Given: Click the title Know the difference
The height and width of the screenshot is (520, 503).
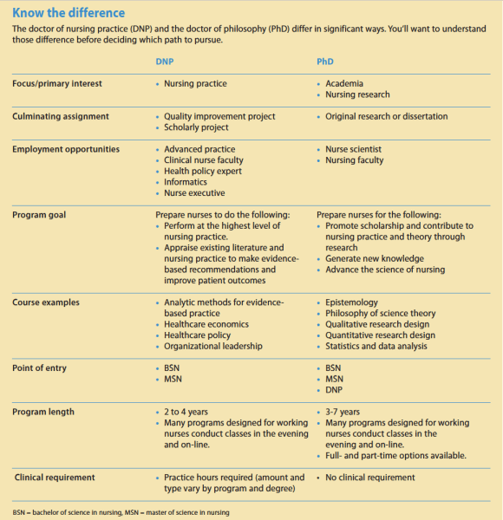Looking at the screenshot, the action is (69, 13).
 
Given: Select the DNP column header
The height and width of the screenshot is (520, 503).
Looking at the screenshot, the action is (164, 62).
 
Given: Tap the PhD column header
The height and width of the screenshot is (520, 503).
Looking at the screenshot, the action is (325, 62).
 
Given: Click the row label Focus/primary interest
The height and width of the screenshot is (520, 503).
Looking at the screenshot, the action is (57, 84).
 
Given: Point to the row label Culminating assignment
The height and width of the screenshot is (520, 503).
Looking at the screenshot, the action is (61, 116).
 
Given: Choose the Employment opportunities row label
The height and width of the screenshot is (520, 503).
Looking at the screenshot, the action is (66, 149).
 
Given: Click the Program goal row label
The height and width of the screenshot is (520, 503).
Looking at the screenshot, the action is (39, 214).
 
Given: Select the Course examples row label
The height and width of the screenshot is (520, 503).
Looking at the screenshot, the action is (47, 302).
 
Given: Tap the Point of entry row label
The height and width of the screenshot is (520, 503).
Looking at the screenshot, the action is (40, 368).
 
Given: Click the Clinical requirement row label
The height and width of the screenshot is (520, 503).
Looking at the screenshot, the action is (55, 478).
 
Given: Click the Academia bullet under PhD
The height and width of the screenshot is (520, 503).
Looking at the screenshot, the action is (345, 84).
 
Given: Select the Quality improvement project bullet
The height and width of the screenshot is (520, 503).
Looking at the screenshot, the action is (219, 116).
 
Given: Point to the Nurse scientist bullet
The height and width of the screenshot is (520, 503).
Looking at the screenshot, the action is (353, 149).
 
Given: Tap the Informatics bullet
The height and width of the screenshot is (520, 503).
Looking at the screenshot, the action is (186, 182).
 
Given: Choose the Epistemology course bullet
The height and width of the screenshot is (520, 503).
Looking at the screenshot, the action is (353, 302).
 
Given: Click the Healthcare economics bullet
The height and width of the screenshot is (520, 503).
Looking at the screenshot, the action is (206, 324).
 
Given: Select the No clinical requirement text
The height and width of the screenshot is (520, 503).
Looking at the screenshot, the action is (370, 478).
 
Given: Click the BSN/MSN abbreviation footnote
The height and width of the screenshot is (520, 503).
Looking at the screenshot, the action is (121, 512).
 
